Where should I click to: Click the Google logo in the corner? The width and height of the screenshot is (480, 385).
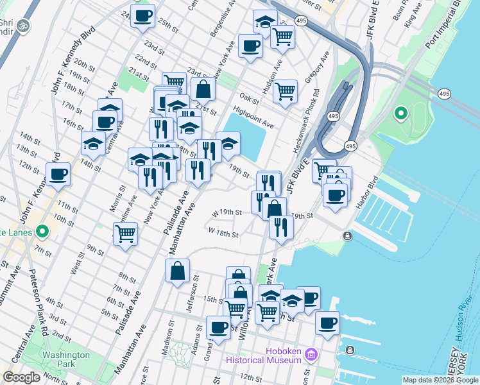[21, 377]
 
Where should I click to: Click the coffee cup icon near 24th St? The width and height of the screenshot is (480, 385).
[142, 15]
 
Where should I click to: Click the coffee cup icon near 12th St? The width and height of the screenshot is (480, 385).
[58, 173]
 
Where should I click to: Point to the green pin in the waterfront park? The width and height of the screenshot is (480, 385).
[401, 114]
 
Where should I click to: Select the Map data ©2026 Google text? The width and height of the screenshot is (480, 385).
[440, 380]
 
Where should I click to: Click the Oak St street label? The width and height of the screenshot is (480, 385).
[248, 100]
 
